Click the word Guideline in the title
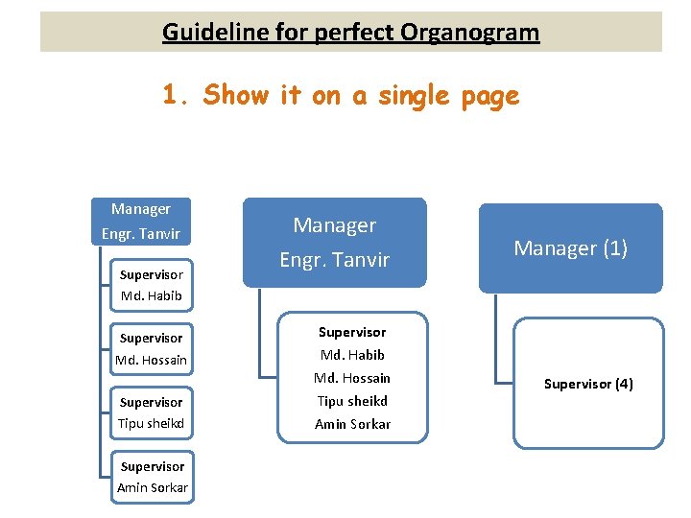(203, 32)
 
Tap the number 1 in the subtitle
(171, 95)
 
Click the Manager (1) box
(570, 248)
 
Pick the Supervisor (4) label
(587, 384)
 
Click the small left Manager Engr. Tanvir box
(141, 222)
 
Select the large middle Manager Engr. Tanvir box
(334, 242)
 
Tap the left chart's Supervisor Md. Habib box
(151, 285)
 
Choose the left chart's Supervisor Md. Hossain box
(151, 349)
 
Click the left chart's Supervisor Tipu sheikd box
(151, 412)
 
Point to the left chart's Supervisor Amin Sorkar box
(152, 477)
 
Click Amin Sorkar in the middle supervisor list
(352, 424)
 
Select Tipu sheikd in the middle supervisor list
(352, 401)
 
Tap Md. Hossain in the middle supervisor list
(352, 378)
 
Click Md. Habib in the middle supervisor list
(352, 355)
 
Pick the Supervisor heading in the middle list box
(352, 332)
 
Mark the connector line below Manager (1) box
(496, 336)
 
